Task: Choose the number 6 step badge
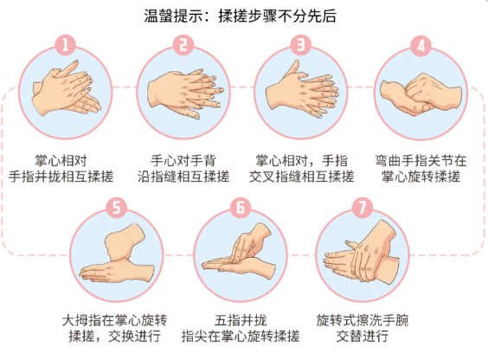(241, 208)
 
